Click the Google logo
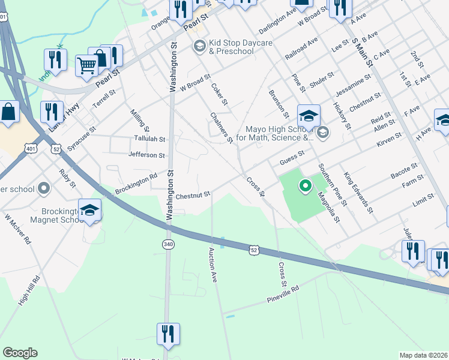coord(20,352)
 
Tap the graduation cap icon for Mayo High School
coord(309,115)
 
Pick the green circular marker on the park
coord(305,186)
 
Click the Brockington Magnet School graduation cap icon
coord(89,209)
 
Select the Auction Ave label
coord(212,265)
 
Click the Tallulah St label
coord(149,139)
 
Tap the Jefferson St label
coord(146,155)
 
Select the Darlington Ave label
coord(278,21)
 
